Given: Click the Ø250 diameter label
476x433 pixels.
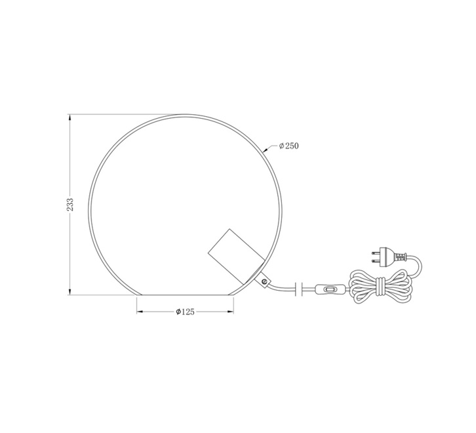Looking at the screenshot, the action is click(x=288, y=146).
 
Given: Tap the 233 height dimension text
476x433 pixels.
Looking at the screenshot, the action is click(x=70, y=205).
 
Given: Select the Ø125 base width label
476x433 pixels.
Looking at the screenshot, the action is click(x=185, y=312).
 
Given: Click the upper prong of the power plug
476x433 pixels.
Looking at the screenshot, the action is click(x=376, y=253).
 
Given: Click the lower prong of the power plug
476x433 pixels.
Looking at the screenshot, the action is click(x=376, y=260).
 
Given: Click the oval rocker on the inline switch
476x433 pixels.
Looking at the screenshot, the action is click(x=330, y=289).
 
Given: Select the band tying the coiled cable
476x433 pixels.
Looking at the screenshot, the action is click(x=380, y=287).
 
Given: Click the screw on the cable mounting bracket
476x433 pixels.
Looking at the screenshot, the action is click(x=264, y=282).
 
